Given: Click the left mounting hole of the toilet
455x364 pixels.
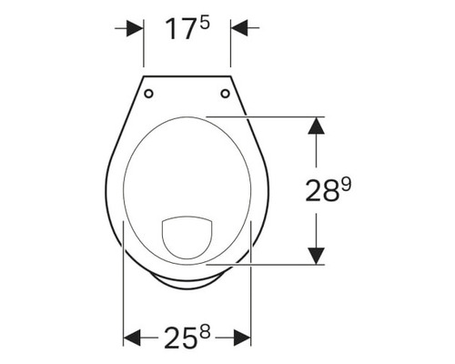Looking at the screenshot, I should [x=150, y=92].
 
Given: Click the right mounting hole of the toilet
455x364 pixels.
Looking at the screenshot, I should [x=224, y=92].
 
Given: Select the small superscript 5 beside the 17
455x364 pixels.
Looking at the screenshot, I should [x=205, y=22].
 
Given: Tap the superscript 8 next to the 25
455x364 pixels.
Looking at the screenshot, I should [x=206, y=330].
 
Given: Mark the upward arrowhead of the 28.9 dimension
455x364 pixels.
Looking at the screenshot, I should [x=315, y=126].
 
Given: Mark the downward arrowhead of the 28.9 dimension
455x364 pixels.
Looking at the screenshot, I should [x=315, y=255].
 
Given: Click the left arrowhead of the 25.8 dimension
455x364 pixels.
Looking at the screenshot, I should [x=133, y=338].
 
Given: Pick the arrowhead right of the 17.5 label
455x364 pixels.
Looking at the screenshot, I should [x=239, y=28].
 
